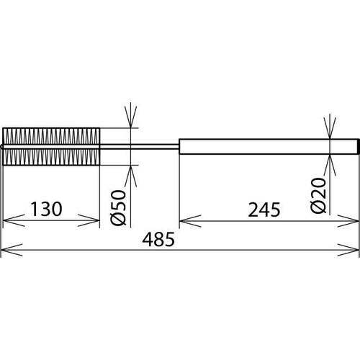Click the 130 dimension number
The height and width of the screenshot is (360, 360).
pos(47,209)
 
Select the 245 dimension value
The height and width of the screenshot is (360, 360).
pos(264,210)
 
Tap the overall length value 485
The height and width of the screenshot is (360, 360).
pos(158,239)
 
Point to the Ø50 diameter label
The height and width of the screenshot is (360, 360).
pos(119,207)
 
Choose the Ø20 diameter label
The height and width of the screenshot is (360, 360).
pos(319,195)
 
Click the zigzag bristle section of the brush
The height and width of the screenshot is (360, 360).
pos(51,147)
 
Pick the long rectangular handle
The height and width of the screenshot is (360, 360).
pos(269,146)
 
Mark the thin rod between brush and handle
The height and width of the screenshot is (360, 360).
pos(140,147)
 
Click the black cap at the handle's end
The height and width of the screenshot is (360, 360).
pos(359,146)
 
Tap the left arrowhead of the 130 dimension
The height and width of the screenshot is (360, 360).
pos(13,220)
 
